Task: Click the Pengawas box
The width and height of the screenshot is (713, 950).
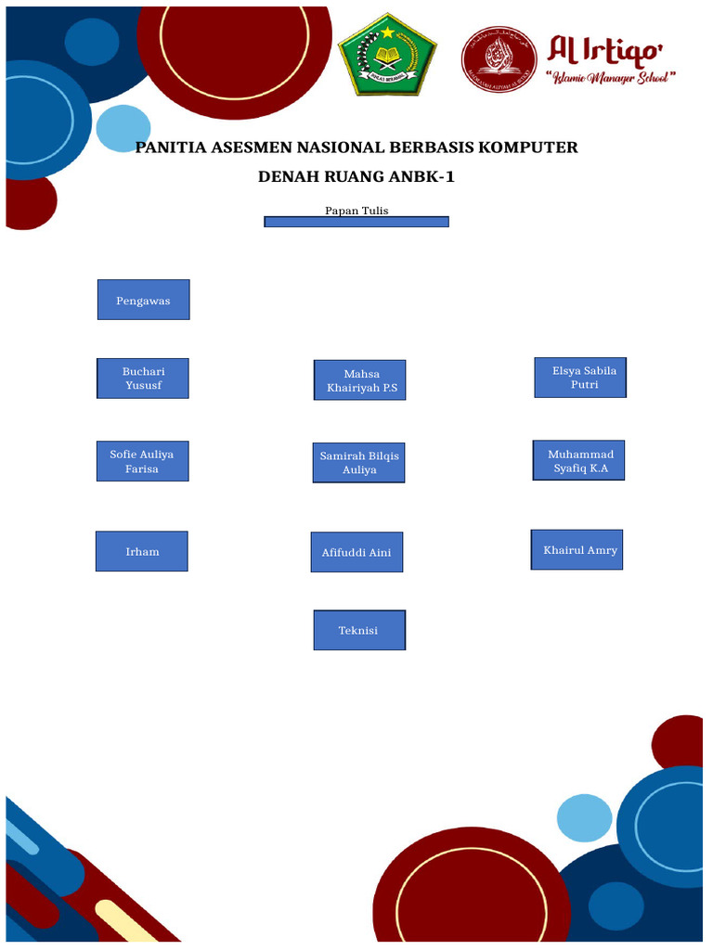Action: [143, 300]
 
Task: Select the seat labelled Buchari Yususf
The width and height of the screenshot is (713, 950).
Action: [143, 379]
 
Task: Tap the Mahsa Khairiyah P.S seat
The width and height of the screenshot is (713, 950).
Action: [359, 380]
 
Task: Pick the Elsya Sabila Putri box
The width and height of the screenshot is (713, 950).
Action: [580, 378]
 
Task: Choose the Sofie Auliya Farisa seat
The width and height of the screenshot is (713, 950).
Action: [142, 461]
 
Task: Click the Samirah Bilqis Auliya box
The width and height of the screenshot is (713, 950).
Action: [358, 462]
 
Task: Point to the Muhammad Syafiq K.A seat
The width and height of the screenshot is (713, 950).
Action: [577, 460]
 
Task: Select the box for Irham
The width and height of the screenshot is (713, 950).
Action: [142, 551]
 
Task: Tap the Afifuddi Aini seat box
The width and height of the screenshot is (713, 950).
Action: [356, 552]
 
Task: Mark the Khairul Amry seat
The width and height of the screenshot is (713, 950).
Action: [577, 550]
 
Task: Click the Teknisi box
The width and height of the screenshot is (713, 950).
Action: [358, 630]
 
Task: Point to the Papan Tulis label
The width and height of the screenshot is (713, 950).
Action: [356, 211]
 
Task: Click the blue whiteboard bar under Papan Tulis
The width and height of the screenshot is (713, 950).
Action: [356, 222]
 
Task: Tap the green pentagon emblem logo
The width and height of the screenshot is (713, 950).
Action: [386, 58]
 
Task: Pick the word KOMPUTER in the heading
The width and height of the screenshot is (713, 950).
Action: [529, 148]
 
